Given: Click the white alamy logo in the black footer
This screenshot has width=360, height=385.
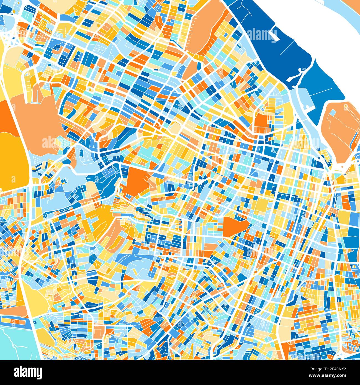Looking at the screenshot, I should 28,372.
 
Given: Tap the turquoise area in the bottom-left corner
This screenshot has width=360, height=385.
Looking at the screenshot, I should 17,343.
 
